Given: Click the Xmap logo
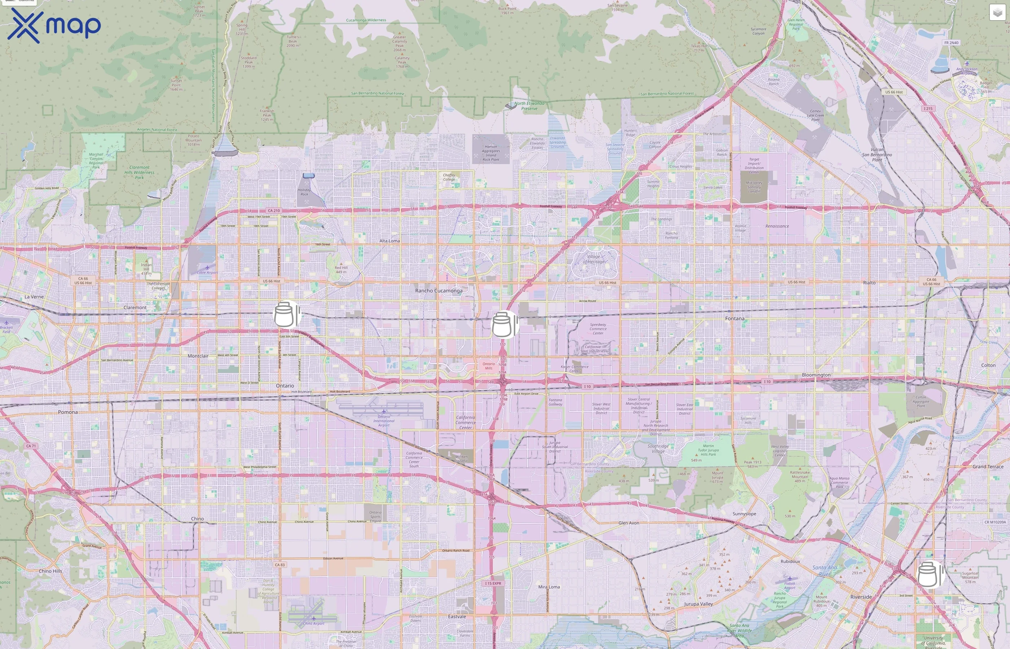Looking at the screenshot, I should [54, 26].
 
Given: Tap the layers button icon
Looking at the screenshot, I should [997, 13].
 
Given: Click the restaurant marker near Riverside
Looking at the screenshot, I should [929, 574].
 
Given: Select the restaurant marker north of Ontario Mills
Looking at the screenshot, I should [504, 324].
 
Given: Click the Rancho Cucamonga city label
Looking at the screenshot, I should [438, 291].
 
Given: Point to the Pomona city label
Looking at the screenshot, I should [67, 412].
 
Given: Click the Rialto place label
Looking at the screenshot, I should [869, 283].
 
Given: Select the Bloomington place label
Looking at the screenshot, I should [816, 375].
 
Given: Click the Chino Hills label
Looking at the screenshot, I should [50, 571].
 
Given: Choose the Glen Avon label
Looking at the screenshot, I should [628, 523].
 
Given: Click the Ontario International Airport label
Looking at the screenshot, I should [383, 420].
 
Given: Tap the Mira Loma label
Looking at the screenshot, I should [549, 587].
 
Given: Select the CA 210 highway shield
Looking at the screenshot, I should [273, 211].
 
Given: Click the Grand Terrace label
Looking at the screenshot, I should [988, 467].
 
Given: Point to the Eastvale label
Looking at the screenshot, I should [457, 617].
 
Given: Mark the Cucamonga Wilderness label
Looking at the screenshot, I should [366, 20].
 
